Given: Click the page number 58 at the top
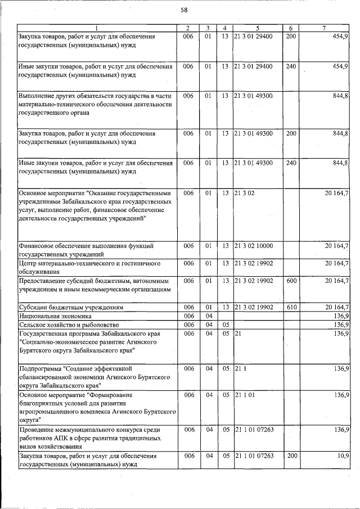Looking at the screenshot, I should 183,10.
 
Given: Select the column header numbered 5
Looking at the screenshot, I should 258,28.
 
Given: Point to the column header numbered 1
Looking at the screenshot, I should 96,28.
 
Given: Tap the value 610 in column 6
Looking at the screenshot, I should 291,308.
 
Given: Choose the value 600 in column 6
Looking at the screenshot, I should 291,280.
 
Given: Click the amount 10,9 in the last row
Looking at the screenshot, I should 343,455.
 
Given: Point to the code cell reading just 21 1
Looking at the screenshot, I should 240,368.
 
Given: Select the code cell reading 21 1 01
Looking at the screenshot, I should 245,395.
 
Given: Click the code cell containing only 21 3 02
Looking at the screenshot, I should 245,193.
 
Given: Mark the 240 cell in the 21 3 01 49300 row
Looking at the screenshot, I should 291,163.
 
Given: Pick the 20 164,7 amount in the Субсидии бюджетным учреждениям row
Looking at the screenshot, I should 336,308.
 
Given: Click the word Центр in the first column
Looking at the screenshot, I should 29,263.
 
